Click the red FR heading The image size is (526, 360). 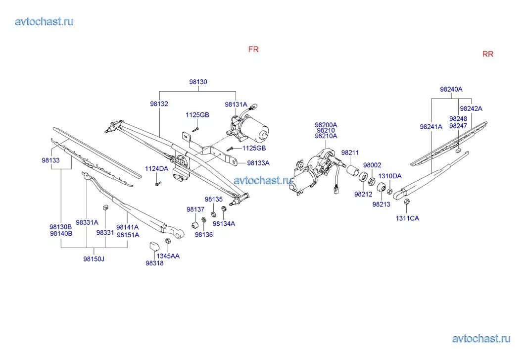tap(253, 50)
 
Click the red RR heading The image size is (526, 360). tap(487, 54)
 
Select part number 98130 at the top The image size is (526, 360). tap(198, 82)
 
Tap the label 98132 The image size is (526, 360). tap(159, 104)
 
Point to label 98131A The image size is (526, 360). tap(236, 104)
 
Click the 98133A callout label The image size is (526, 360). tap(258, 163)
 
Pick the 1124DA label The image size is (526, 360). tap(156, 169)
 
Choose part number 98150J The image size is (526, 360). tap(94, 259)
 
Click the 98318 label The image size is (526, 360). tap(154, 263)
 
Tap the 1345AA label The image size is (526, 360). tap(168, 256)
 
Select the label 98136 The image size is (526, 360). tap(203, 235)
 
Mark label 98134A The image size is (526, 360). tap(224, 223)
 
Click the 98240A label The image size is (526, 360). tap(451, 90)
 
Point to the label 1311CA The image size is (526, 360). tap(407, 218)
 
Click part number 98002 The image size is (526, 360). tap(372, 165)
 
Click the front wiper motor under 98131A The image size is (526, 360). tap(251, 128)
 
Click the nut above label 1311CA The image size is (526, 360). tap(407, 202)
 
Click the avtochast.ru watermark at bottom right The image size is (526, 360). tap(480, 339)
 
